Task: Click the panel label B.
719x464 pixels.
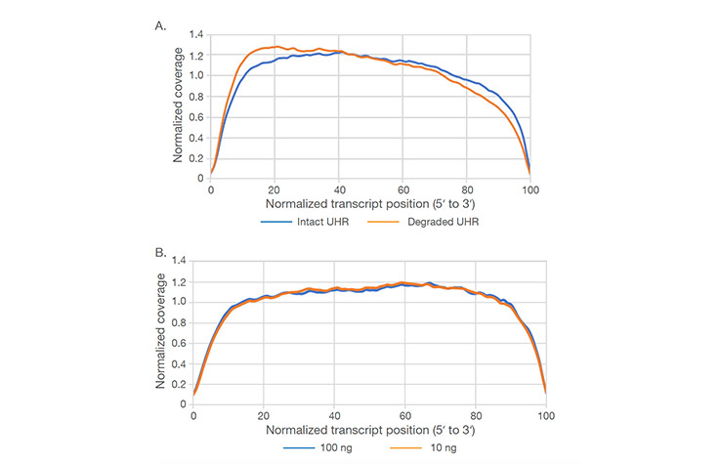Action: [x=161, y=252]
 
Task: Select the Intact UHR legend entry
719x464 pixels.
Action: [x=312, y=221]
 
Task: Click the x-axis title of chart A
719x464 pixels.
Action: [x=370, y=205]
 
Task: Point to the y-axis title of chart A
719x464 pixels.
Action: [x=178, y=106]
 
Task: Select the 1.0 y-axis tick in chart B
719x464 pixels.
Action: [x=178, y=302]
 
